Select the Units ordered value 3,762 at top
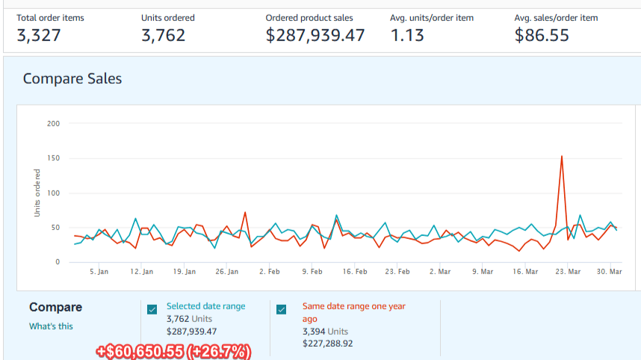coord(163,35)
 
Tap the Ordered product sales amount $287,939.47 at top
coord(315,35)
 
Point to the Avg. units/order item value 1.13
coord(409,35)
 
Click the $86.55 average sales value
coord(542,35)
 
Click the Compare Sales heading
coord(72,78)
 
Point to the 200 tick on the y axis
coord(53,123)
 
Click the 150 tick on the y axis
coord(53,158)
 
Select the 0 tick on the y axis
coord(57,262)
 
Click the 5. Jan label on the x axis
coord(99,272)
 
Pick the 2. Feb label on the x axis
coord(270,272)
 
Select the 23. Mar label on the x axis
coord(569,272)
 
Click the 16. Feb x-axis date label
coord(355,272)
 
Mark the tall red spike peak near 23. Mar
coord(562,157)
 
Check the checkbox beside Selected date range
coord(152,309)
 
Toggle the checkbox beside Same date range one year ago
coord(282,309)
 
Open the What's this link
coord(51,326)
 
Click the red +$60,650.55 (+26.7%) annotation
coord(173,351)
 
